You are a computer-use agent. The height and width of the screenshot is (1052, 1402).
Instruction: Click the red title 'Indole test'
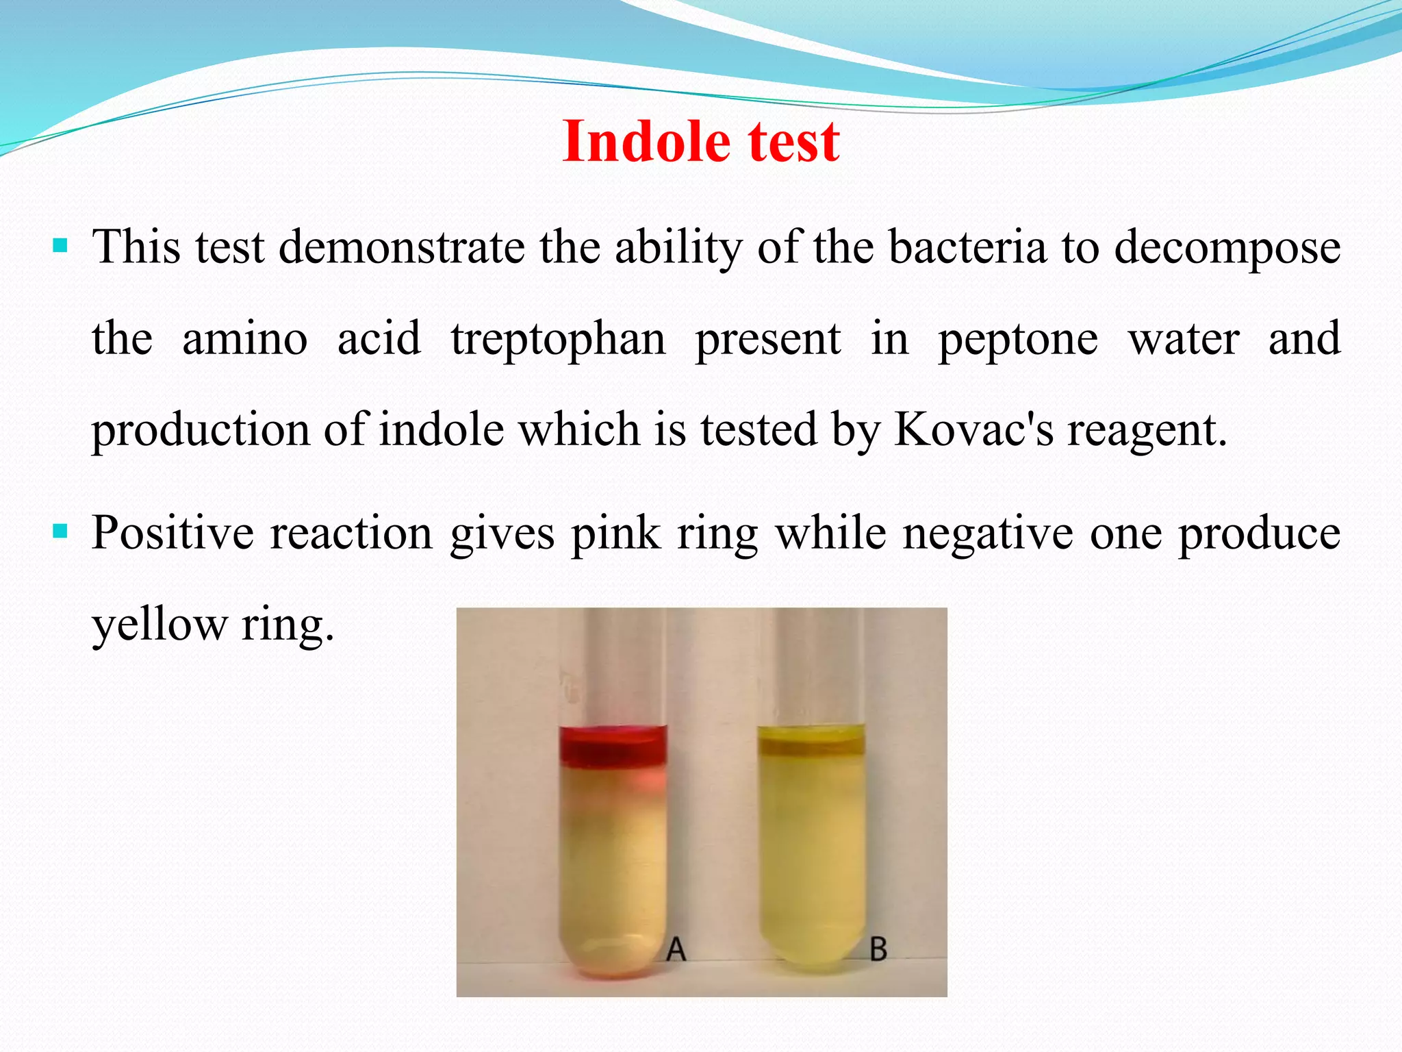[x=700, y=141]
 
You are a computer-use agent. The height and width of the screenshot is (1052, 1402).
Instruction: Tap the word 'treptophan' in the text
[x=558, y=338]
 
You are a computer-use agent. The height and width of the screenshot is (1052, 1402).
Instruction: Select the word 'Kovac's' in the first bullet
[x=974, y=429]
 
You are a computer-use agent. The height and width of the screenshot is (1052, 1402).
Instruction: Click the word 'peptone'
[x=1017, y=340]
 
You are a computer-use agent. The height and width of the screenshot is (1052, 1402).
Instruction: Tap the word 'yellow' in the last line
[x=160, y=625]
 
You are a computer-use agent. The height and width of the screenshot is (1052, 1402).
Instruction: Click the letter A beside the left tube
[x=676, y=949]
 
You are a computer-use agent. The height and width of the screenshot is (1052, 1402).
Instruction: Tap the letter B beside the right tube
[x=878, y=949]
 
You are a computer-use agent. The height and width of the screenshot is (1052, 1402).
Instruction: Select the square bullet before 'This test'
[x=60, y=245]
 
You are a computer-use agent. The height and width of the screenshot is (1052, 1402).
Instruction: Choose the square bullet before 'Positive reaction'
[x=60, y=531]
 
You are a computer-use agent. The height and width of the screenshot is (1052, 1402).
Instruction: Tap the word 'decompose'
[x=1227, y=248]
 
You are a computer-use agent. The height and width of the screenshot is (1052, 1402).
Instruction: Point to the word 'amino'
[x=244, y=338]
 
